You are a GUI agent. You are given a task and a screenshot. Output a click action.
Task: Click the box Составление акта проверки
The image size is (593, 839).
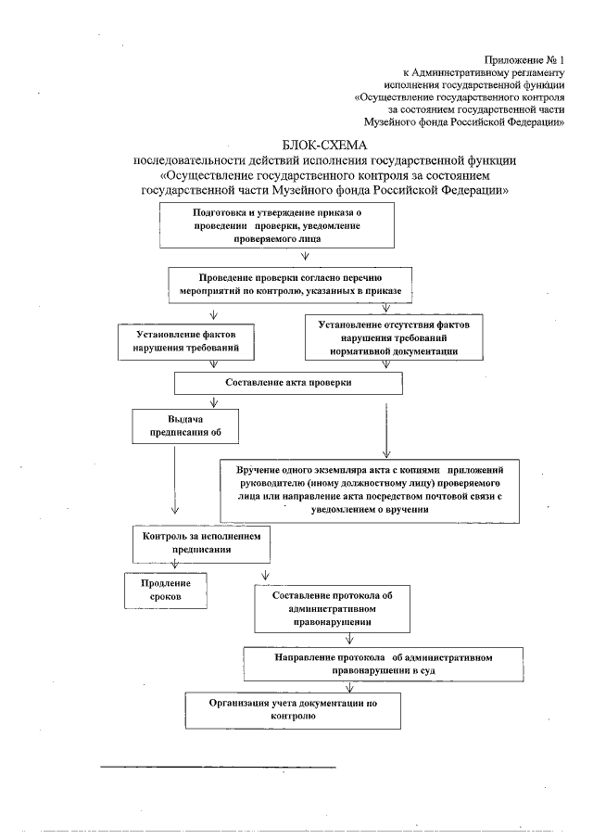click(288, 382)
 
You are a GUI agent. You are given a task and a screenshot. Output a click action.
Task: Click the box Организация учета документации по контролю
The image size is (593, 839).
click(293, 709)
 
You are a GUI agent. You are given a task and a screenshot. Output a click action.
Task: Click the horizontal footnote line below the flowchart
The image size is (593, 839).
click(218, 767)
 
